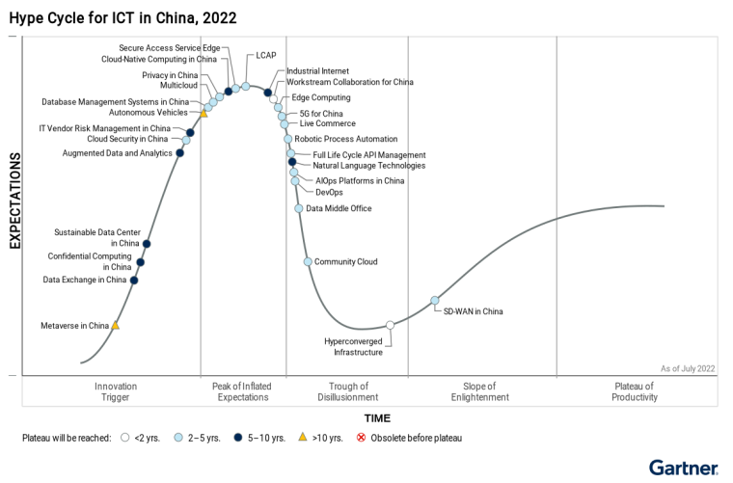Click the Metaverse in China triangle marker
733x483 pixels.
tap(116, 326)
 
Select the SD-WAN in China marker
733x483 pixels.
tap(435, 300)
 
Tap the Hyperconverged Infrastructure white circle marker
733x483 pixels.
tap(390, 325)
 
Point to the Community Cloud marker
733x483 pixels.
tap(308, 261)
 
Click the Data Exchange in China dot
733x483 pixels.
tap(134, 280)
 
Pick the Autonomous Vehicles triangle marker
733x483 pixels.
tap(204, 114)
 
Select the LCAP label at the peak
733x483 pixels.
tap(266, 56)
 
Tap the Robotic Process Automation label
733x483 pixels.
tap(346, 139)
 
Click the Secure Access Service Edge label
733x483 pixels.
tap(170, 48)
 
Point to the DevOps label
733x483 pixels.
tap(329, 192)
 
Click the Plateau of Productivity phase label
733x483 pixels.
tap(635, 391)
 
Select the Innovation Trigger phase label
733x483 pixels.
tap(116, 391)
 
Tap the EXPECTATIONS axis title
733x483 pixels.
tap(15, 200)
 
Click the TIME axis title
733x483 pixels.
tap(377, 418)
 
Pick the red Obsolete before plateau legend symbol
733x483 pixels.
tap(362, 438)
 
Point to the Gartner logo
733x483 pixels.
tap(683, 468)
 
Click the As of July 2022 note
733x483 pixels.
tap(688, 368)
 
